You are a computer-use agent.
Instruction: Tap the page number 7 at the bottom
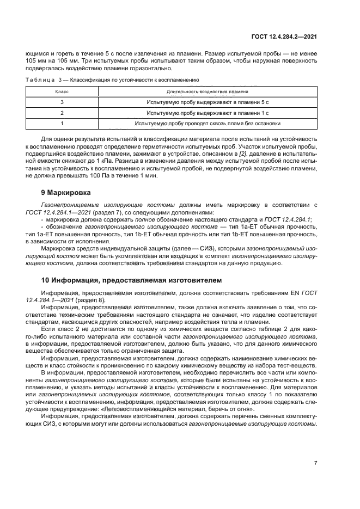(315, 463)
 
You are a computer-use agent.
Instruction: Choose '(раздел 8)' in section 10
(91, 300)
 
